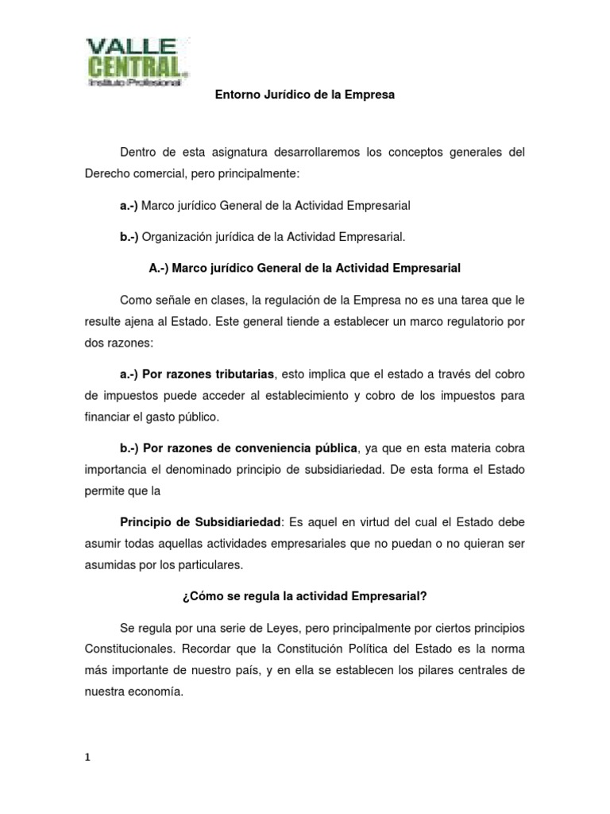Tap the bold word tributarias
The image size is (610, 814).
pos(240,374)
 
